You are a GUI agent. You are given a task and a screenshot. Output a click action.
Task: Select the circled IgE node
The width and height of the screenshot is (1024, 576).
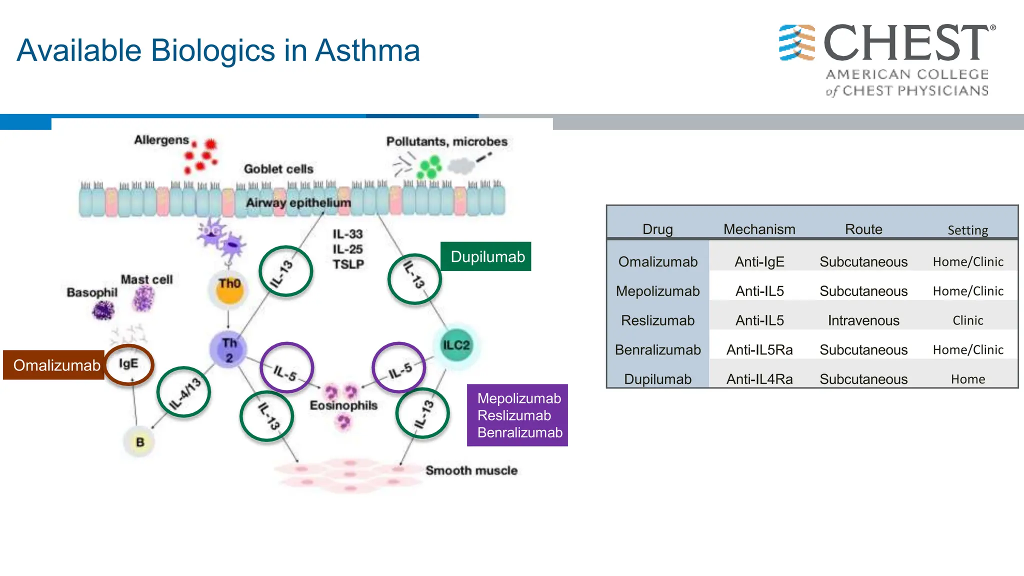click(x=129, y=364)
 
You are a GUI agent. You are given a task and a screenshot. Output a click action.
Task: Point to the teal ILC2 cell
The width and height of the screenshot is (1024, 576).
click(x=456, y=345)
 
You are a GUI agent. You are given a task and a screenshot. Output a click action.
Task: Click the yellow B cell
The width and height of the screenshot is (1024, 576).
click(x=139, y=442)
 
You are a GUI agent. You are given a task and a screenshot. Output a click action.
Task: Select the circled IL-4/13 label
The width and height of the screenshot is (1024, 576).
click(x=183, y=392)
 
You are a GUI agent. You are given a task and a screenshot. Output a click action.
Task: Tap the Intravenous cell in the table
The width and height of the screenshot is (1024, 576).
click(x=863, y=320)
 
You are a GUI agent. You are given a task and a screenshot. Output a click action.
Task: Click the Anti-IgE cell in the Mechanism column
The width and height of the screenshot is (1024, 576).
click(x=759, y=261)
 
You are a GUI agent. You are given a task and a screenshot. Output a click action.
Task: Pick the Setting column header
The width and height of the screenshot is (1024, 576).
click(x=967, y=230)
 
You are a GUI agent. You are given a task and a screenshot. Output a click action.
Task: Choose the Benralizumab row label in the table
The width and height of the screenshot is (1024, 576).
click(x=657, y=349)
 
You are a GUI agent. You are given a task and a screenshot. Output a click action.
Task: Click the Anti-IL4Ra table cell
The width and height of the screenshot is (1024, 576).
click(x=759, y=379)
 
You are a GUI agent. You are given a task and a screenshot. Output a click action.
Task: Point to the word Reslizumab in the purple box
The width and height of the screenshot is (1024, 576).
click(x=514, y=415)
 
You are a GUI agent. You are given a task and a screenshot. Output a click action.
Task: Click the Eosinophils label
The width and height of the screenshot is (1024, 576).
click(x=343, y=405)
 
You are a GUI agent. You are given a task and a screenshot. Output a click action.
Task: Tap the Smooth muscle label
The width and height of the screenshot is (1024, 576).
click(x=471, y=470)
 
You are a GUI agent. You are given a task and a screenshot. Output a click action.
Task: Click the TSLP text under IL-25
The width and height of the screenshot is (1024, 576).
click(x=348, y=264)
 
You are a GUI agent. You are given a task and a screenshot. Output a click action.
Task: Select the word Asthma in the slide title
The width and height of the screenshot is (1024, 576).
click(x=367, y=50)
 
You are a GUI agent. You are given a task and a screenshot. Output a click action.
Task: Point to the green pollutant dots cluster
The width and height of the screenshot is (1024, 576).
click(x=429, y=167)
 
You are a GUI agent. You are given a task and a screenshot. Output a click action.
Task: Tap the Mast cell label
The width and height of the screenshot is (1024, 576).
click(x=146, y=279)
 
